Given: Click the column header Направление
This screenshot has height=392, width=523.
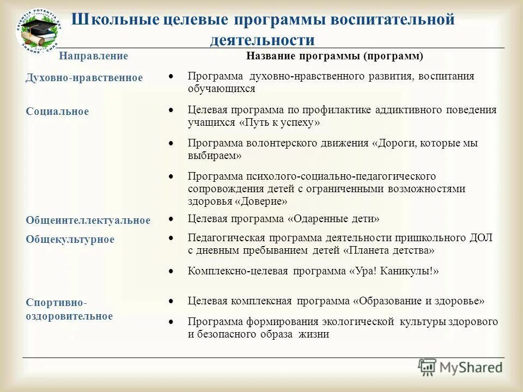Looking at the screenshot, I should point(94,56).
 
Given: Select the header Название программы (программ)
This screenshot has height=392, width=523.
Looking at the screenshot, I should point(335,56).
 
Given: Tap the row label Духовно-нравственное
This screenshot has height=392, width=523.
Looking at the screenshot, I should point(84,78).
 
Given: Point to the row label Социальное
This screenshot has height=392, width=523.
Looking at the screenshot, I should point(57,112).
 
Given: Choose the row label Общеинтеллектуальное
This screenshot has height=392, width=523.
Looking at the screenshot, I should point(88,220).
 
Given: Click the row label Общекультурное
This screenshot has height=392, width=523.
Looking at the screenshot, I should point(70,240).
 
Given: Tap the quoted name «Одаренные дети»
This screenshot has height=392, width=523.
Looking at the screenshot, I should point(333,219).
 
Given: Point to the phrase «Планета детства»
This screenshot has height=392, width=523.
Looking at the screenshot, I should point(389,250).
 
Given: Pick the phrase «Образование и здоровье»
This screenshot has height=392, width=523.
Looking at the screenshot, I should point(418,301).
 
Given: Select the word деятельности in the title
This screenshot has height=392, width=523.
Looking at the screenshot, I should point(262,40).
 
